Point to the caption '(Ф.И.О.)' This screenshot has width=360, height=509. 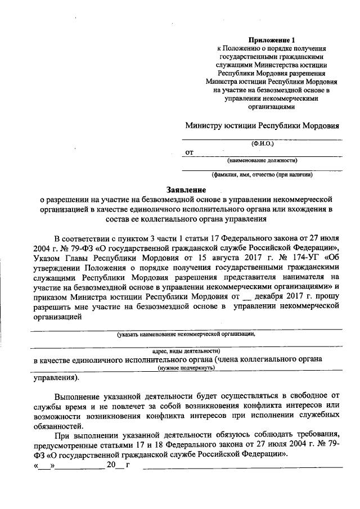(263, 143)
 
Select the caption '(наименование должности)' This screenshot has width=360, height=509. (263, 160)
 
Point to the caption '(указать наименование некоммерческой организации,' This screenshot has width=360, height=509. (186, 334)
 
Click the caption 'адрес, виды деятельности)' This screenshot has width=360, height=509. (186, 349)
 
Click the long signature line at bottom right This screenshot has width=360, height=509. (242, 467)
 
